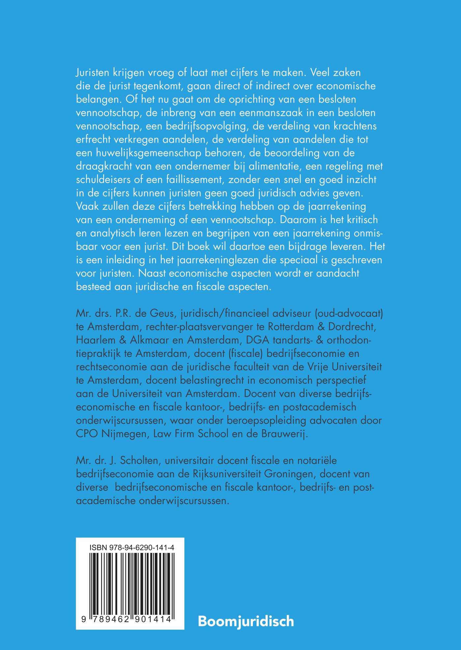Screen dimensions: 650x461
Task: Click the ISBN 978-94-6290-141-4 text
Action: [x=131, y=548]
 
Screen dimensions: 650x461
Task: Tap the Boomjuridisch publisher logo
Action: [x=246, y=621]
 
